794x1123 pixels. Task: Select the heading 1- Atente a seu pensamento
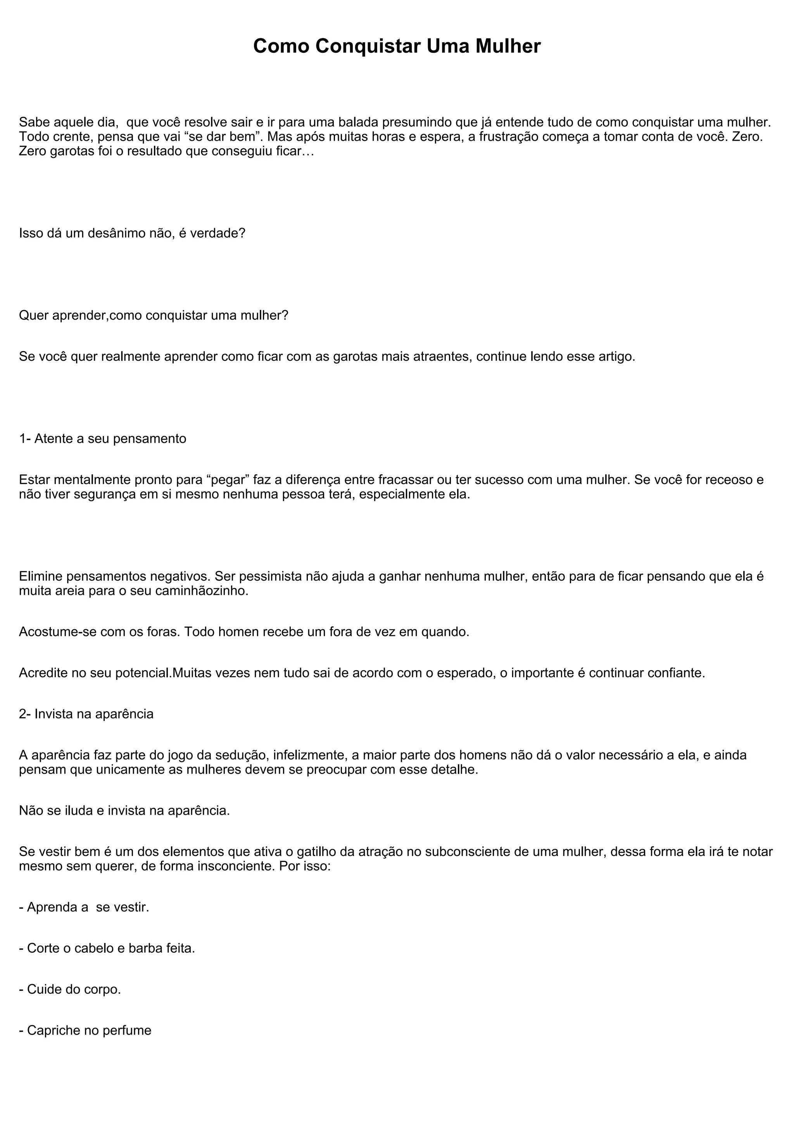pos(103,439)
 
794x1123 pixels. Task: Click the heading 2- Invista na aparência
pos(86,714)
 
